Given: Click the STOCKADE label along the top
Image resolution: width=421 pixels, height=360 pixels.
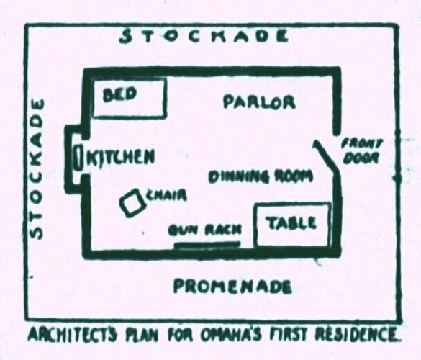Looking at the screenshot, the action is [204, 36].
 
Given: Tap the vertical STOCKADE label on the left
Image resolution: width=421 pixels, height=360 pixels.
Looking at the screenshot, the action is [36, 168].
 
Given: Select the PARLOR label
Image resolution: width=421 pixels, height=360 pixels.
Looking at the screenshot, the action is [259, 102].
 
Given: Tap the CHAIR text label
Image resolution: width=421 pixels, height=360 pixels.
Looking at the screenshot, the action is [166, 196].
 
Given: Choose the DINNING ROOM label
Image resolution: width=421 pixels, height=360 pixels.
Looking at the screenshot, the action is [261, 176].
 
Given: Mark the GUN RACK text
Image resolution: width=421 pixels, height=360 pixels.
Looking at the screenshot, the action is [205, 230].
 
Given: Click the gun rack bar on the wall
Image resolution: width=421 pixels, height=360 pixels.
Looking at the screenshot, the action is [207, 244].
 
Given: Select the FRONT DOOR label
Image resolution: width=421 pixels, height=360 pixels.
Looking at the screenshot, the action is [361, 153].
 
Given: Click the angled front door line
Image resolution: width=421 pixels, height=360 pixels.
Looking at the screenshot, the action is [326, 156].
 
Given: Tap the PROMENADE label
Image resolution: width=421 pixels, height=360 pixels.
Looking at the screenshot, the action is [232, 287].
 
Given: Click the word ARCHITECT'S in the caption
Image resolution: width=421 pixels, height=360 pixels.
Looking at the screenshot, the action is [73, 335].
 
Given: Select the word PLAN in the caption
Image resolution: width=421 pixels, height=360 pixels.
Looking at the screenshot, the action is [142, 335].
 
